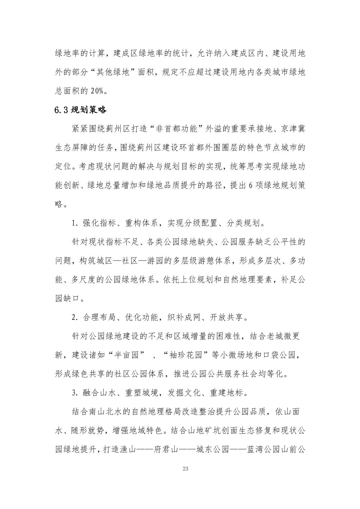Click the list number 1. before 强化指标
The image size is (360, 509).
coord(75,223)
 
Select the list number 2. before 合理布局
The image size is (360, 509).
coord(75,317)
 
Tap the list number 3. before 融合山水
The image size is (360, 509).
coord(75,393)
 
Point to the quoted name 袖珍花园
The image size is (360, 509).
coord(185,355)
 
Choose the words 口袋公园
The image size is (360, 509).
coord(280,355)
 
